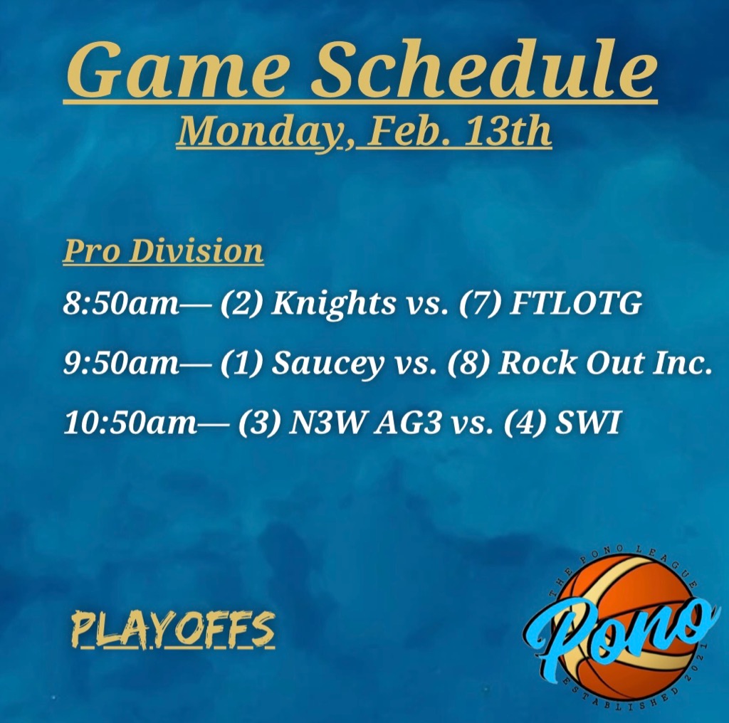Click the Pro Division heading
point(163,251)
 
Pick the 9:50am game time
point(121,363)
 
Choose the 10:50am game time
point(130,423)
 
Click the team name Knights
point(333,305)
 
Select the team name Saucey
point(327,364)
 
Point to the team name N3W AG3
point(364,423)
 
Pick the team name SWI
point(587,423)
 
